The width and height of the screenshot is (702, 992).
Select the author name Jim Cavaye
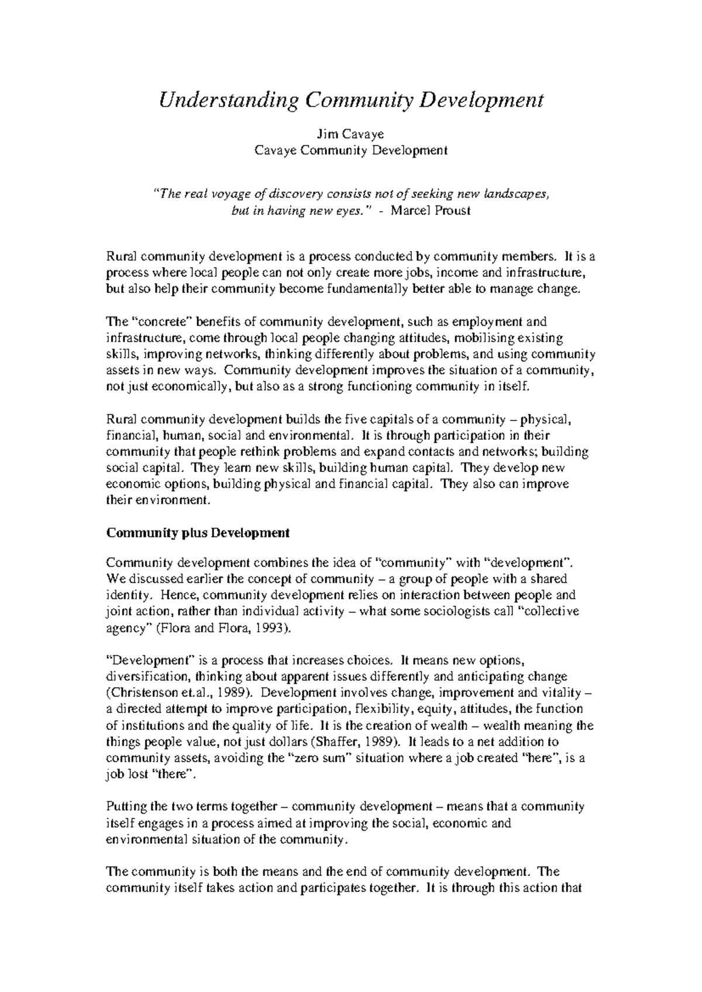350,135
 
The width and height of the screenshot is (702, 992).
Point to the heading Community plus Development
198,533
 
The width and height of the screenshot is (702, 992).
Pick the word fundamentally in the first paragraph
361,289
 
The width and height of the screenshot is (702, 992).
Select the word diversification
146,677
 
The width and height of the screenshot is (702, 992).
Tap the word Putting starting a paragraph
126,807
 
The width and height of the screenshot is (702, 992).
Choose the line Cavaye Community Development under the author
350,150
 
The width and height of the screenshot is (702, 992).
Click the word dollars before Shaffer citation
287,742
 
